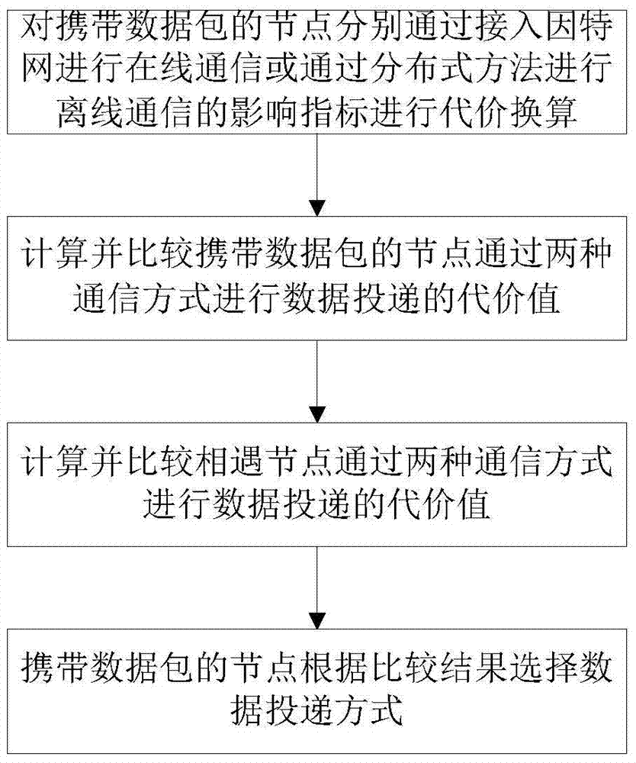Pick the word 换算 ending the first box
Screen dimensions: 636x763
pos(543,113)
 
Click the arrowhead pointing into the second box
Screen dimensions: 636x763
pos(317,208)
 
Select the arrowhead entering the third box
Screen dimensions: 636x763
pos(317,414)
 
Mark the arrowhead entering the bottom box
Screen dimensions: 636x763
pos(317,621)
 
